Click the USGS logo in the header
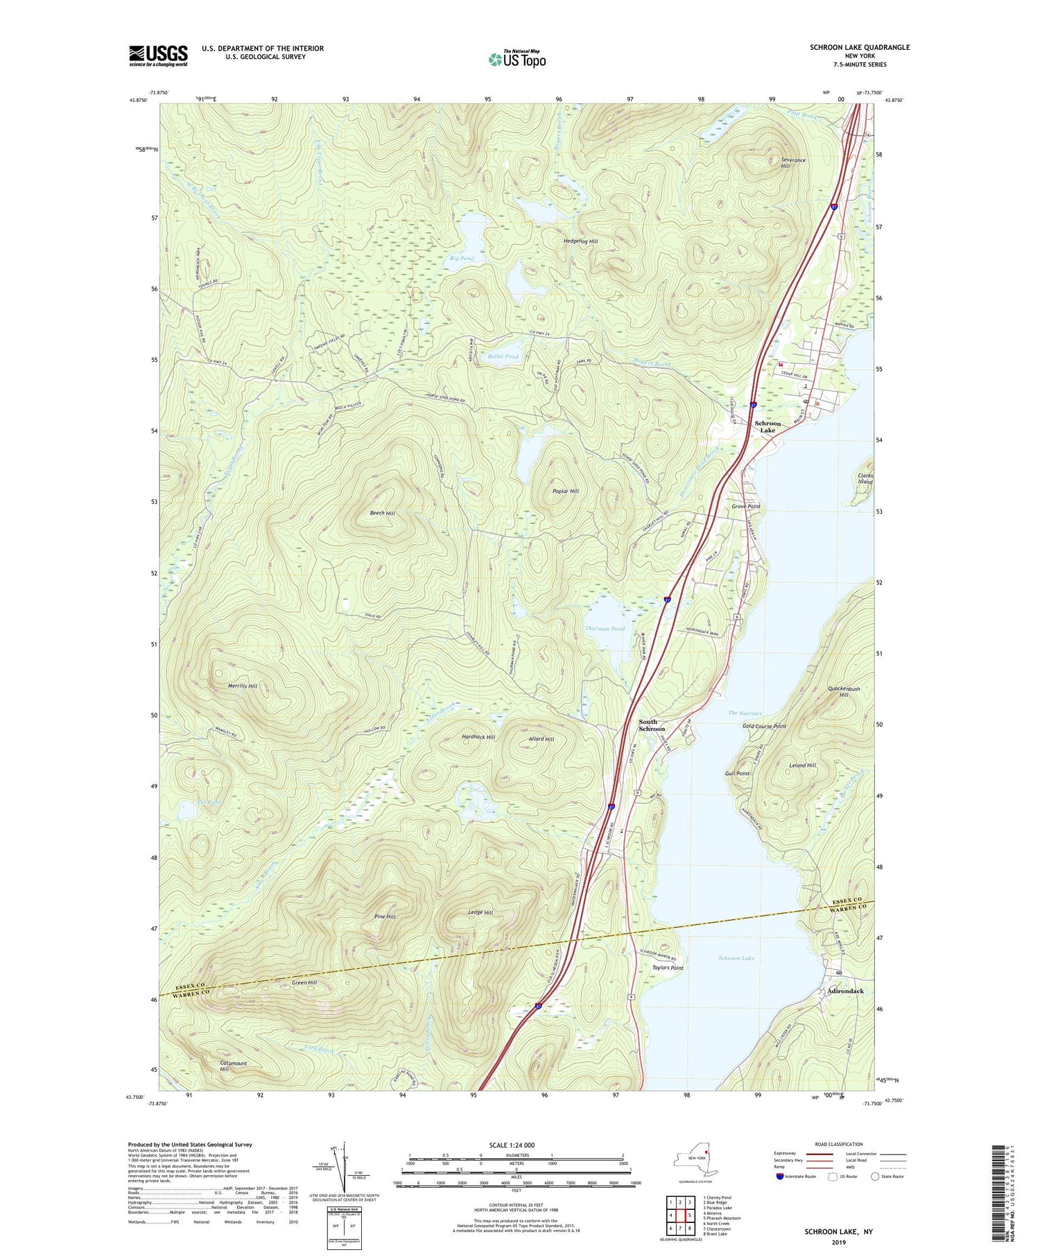tap(158, 55)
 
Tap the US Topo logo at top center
tap(517, 60)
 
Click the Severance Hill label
tap(792, 163)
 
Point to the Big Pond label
tap(462, 258)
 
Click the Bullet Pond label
tap(503, 356)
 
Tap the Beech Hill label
tap(382, 513)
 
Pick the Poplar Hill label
tap(565, 491)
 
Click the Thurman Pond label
tap(605, 628)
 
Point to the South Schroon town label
tap(651, 725)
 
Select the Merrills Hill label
tap(243, 686)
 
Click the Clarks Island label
tap(865, 478)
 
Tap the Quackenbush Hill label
tap(844, 691)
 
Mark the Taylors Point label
tap(667, 968)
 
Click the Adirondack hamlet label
tap(845, 991)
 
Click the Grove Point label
tap(746, 506)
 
